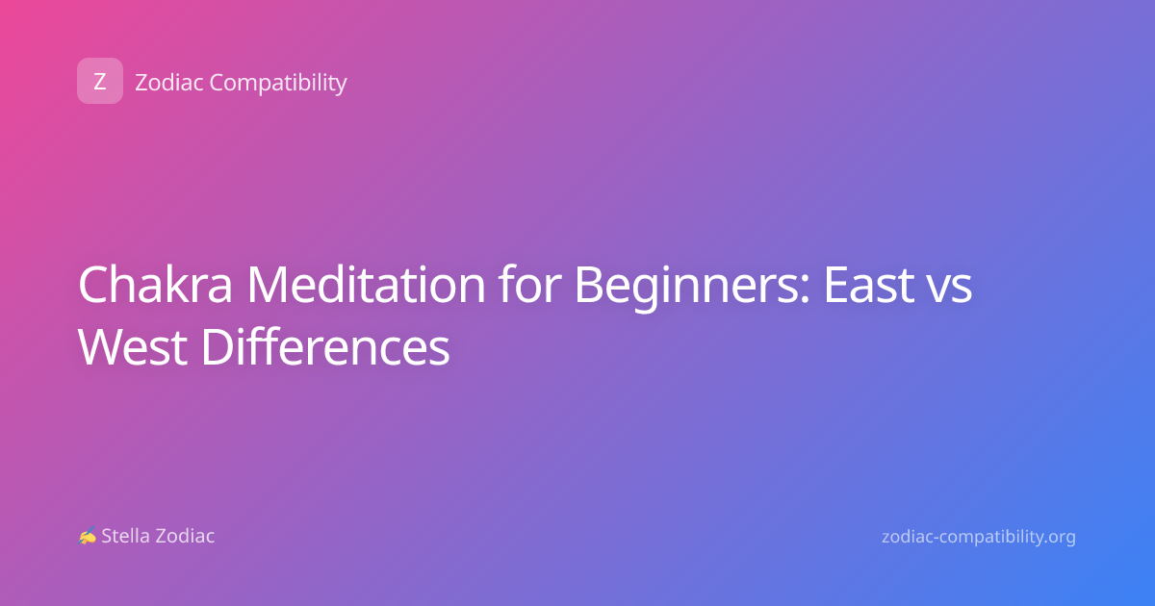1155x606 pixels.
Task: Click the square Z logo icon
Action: (x=100, y=81)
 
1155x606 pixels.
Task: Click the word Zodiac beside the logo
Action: (x=169, y=83)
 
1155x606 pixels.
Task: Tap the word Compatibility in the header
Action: (x=278, y=84)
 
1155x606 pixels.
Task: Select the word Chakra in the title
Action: (x=155, y=285)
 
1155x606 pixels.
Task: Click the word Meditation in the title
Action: (x=366, y=285)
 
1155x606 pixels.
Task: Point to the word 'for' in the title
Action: (x=529, y=285)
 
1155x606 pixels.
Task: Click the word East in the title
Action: (x=868, y=285)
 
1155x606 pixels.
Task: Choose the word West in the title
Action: (x=133, y=347)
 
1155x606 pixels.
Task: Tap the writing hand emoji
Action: (x=88, y=536)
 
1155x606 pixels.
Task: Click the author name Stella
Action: (x=126, y=536)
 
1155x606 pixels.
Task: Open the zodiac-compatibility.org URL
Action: (x=979, y=538)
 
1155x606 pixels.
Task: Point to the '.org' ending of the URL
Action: (x=1058, y=539)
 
